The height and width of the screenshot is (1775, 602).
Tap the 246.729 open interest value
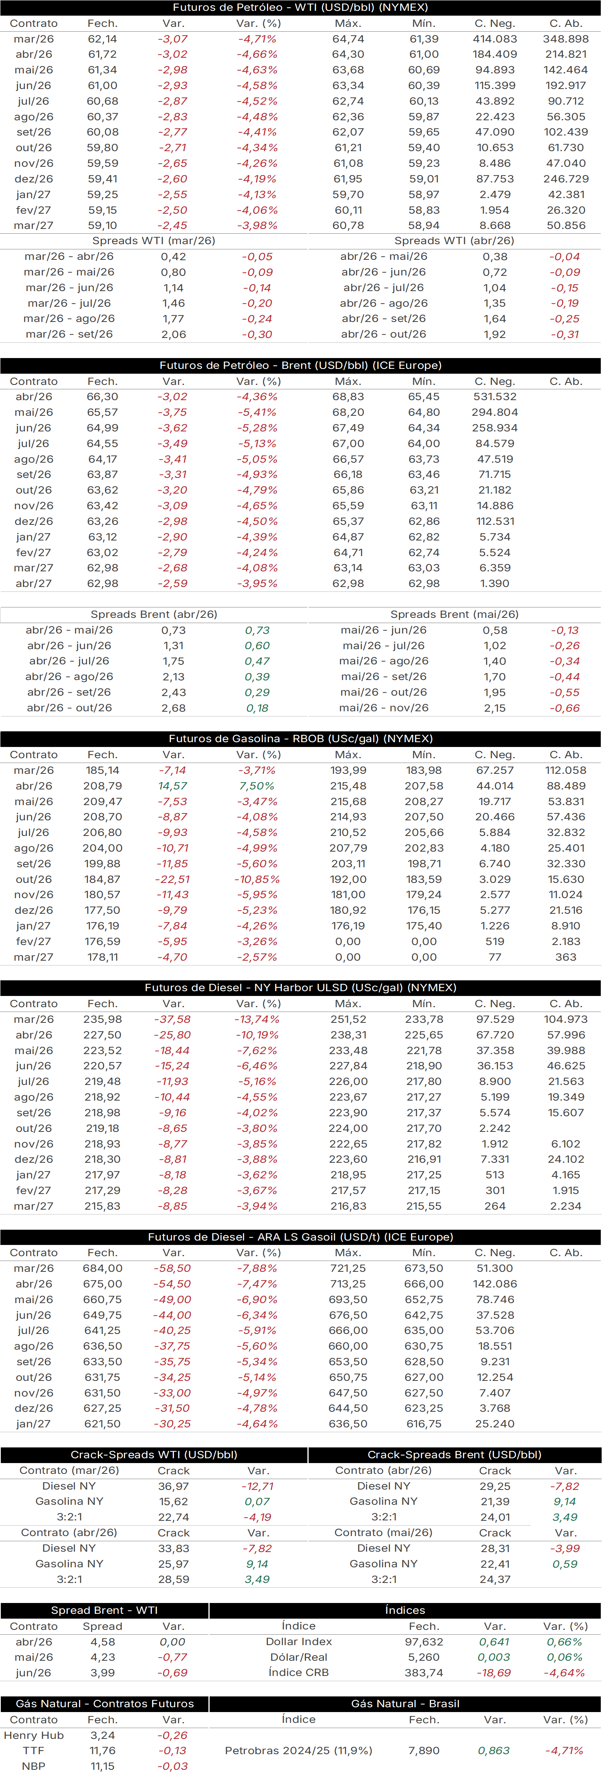pyautogui.click(x=566, y=178)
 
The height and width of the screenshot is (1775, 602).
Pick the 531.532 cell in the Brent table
pyautogui.click(x=495, y=397)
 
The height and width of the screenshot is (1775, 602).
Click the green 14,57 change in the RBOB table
pyautogui.click(x=172, y=785)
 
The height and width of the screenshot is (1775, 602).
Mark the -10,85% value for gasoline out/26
pyautogui.click(x=257, y=879)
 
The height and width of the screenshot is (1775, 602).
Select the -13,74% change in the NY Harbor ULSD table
pyautogui.click(x=257, y=1019)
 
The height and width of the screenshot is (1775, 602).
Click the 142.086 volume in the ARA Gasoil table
pyautogui.click(x=495, y=1284)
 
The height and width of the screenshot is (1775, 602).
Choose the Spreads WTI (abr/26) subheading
pyautogui.click(x=455, y=241)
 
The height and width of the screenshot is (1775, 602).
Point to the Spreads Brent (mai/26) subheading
pyautogui.click(x=455, y=614)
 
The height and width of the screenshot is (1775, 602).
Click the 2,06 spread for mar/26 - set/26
pyautogui.click(x=173, y=334)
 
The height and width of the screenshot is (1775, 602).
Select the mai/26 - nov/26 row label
pyautogui.click(x=384, y=708)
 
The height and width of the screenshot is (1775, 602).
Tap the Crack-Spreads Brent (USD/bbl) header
pyautogui.click(x=455, y=1455)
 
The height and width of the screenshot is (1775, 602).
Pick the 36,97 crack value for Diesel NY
pyautogui.click(x=173, y=1486)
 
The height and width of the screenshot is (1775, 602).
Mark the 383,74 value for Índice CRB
pyautogui.click(x=424, y=1672)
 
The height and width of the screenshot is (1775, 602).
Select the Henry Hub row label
pyautogui.click(x=34, y=1735)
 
